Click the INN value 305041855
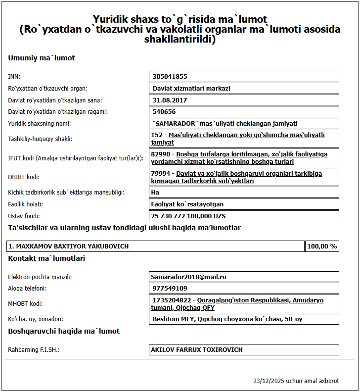pyautogui.click(x=170, y=77)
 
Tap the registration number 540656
pyautogui.click(x=164, y=112)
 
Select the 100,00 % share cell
pyautogui.click(x=322, y=246)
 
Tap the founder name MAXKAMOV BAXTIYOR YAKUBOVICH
pyautogui.click(x=69, y=246)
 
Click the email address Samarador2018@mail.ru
pyautogui.click(x=189, y=277)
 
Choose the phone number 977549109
pyautogui.click(x=170, y=288)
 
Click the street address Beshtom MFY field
pyautogui.click(x=227, y=319)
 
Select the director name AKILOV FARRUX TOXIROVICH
pyautogui.click(x=197, y=349)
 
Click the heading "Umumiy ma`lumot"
pyautogui.click(x=42, y=58)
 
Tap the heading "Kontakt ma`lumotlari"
pyautogui.click(x=46, y=258)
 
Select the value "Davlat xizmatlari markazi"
pyautogui.click(x=191, y=89)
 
